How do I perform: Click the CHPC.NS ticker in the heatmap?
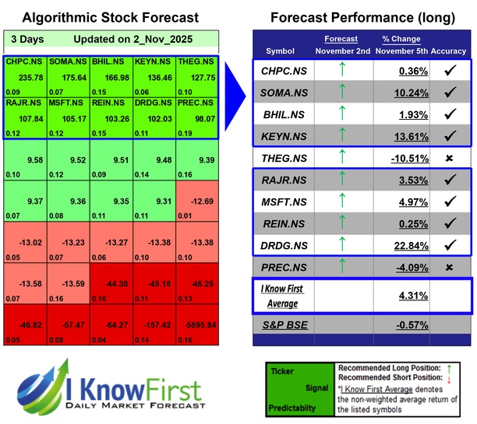point(24,61)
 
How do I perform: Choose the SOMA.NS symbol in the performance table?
point(281,93)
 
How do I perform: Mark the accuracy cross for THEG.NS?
point(449,159)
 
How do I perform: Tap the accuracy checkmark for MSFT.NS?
point(449,203)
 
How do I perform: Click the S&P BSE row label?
point(281,324)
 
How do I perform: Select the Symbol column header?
point(281,51)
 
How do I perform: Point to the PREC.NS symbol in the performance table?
point(281,268)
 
